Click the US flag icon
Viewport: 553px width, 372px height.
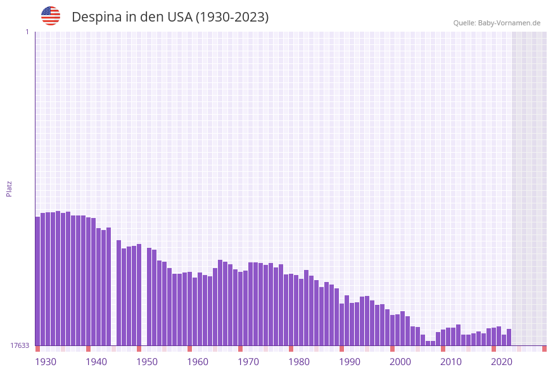tap(51, 16)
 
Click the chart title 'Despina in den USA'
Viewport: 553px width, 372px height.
tap(170, 17)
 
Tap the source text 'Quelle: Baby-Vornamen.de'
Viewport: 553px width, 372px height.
tap(497, 23)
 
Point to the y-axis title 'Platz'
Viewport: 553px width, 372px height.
tap(10, 188)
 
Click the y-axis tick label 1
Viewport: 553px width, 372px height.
tap(27, 32)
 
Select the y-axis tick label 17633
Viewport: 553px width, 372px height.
tap(20, 345)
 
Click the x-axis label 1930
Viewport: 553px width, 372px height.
tap(46, 362)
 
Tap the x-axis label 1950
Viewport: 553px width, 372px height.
tap(147, 362)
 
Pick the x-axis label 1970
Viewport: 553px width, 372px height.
tap(248, 362)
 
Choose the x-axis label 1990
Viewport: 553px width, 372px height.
tap(350, 362)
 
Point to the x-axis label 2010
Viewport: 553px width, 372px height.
tap(451, 362)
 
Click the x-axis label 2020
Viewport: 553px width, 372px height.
tap(502, 362)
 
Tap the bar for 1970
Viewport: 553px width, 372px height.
tap(251, 304)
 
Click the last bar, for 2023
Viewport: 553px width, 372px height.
tap(509, 337)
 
